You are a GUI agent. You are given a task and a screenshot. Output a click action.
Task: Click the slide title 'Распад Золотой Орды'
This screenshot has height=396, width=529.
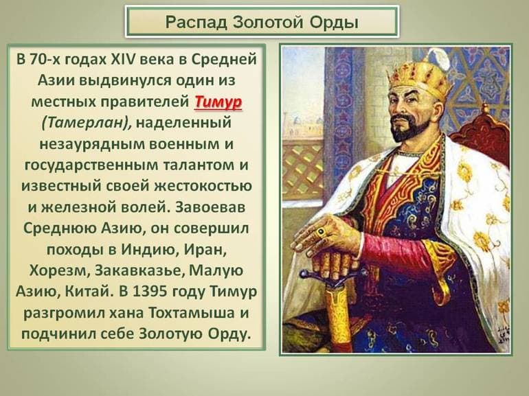262,22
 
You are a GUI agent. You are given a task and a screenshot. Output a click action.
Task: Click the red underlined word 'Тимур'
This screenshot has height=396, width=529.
218,103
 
